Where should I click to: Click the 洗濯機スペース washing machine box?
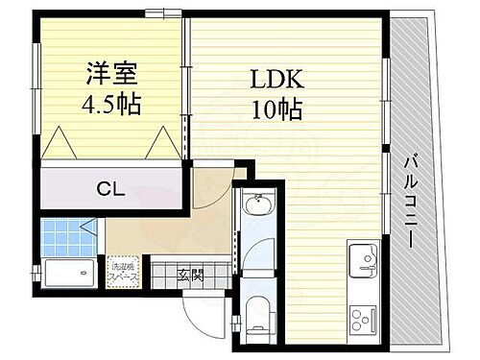[123, 270]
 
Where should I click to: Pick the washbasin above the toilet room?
[257, 205]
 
